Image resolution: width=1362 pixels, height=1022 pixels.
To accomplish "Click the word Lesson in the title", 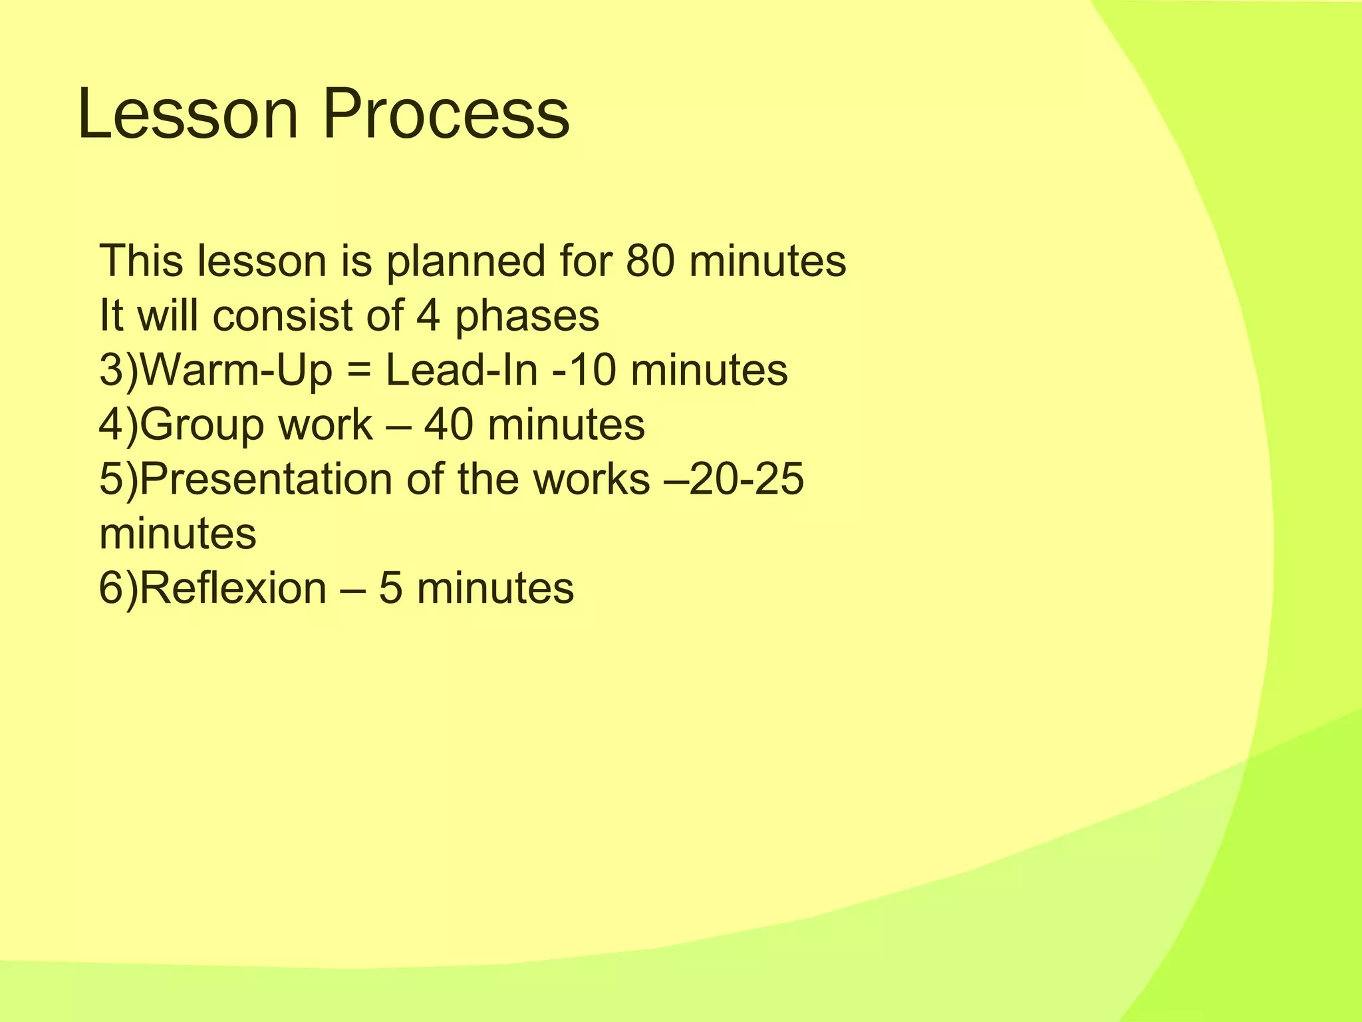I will click(x=188, y=114).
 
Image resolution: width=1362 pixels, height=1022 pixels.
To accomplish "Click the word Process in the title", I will click(x=446, y=114).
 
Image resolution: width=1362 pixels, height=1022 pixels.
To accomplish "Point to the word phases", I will click(x=527, y=317).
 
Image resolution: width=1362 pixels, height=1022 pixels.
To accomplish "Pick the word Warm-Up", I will click(x=236, y=371).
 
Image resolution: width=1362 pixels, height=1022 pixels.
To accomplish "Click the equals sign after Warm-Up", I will click(x=358, y=371).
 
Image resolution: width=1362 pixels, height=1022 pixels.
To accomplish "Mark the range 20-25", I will click(x=746, y=479).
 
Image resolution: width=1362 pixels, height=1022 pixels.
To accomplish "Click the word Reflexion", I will click(x=233, y=588).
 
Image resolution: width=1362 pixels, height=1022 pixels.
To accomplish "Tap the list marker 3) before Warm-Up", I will click(x=119, y=371).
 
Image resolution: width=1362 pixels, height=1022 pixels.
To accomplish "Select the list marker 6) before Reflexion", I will click(x=119, y=588).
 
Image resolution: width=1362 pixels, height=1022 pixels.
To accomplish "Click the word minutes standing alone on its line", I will click(x=178, y=534).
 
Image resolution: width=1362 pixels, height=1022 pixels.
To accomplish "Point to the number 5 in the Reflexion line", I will click(x=390, y=588).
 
